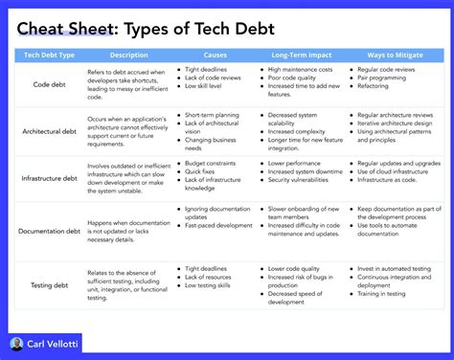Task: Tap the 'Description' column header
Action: [129, 56]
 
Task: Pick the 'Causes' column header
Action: [216, 56]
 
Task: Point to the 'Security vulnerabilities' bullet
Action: [306, 181]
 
